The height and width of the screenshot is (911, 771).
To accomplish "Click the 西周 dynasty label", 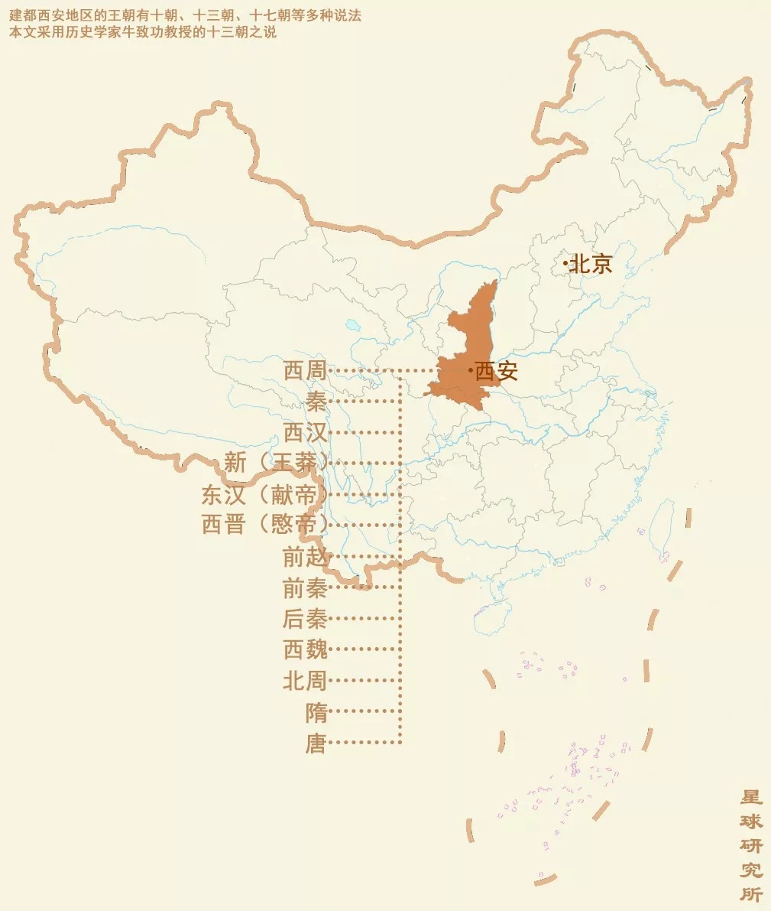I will click(305, 371).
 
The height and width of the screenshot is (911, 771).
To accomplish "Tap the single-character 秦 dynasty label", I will click(316, 402).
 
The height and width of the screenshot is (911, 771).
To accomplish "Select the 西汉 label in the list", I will click(305, 433).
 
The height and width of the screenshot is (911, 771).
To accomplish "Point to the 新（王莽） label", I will click(276, 463).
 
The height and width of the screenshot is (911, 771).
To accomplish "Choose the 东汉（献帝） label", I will click(264, 494).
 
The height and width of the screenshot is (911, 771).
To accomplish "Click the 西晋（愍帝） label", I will click(264, 525).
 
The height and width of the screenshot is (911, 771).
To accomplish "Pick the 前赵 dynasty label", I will click(305, 557).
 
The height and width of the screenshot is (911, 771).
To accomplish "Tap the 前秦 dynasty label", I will click(305, 587).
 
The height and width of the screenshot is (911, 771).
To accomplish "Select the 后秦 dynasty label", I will click(305, 618).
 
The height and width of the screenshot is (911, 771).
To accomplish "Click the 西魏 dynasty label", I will click(305, 649).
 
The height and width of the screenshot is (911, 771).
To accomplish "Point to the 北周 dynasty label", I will click(305, 680).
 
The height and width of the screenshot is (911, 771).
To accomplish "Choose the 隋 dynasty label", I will click(316, 712).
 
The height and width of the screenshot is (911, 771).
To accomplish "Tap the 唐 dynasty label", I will click(316, 743).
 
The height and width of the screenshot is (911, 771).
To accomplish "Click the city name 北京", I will click(591, 264).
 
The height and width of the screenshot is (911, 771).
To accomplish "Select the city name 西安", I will click(497, 371).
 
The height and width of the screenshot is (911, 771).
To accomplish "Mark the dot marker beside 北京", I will click(565, 264).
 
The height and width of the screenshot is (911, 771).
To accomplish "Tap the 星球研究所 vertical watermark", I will click(751, 845).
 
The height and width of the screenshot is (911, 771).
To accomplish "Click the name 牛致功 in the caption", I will click(152, 33).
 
